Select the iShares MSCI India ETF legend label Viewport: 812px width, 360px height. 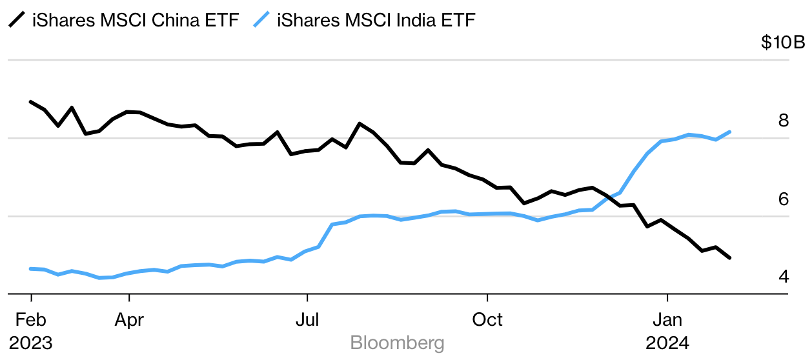click(x=376, y=21)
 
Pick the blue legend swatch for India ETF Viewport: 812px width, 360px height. click(x=261, y=21)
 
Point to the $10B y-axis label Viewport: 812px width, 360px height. click(x=783, y=43)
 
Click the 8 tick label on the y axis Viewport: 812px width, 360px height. click(x=784, y=121)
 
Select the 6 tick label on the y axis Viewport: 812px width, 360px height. click(x=784, y=199)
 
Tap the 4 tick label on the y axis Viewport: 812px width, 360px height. click(x=784, y=277)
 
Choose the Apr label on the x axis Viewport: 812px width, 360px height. click(x=129, y=319)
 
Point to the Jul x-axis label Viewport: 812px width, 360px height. click(x=307, y=319)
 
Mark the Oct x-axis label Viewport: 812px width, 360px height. click(x=487, y=319)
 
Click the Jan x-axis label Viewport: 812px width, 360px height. click(x=667, y=319)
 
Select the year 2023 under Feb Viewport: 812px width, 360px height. click(x=30, y=343)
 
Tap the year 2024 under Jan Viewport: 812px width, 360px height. click(x=667, y=343)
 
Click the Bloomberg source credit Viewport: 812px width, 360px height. click(x=397, y=343)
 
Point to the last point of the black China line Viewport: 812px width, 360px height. click(x=729, y=258)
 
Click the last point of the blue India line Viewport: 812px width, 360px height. click(x=729, y=132)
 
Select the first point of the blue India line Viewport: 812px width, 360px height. click(x=31, y=268)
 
